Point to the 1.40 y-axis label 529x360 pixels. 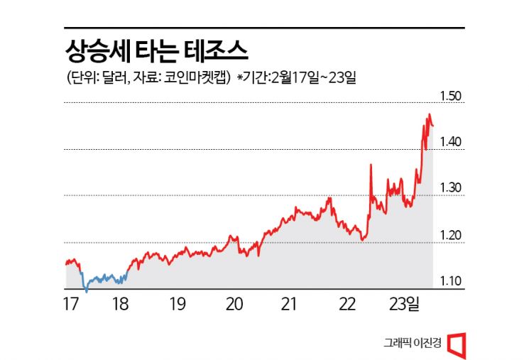(452, 143)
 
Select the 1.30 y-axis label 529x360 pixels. (452, 189)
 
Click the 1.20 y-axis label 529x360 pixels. (452, 236)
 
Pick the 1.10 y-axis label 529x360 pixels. (452, 282)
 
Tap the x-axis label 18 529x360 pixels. (121, 305)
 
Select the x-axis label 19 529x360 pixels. (178, 305)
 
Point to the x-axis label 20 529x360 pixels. (235, 305)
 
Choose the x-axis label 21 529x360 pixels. (289, 305)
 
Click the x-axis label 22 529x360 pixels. (347, 305)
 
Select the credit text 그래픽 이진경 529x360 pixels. (413, 343)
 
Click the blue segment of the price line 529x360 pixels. (103, 278)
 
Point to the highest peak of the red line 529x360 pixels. (429, 115)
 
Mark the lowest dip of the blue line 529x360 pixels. (86, 290)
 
